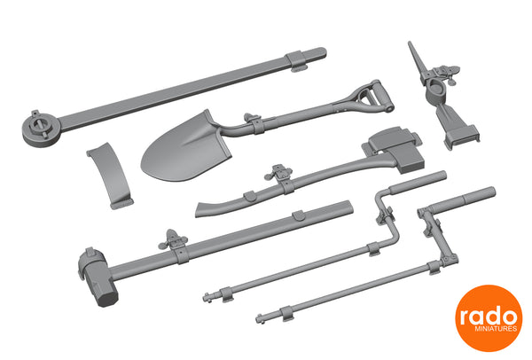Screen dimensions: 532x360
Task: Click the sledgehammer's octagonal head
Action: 100,279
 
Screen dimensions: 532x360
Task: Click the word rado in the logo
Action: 489,317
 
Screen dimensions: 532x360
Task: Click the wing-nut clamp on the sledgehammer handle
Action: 173,240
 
